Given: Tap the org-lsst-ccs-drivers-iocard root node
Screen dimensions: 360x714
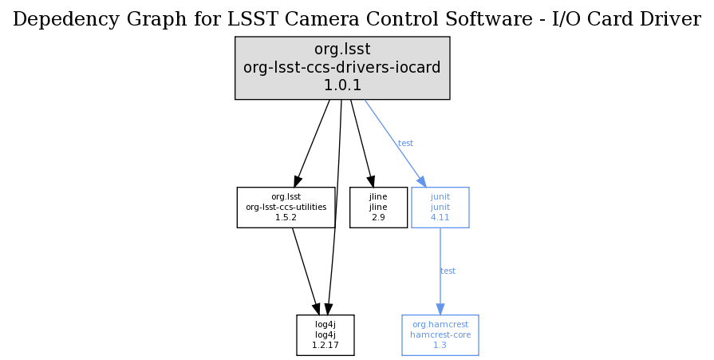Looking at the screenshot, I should tap(342, 68).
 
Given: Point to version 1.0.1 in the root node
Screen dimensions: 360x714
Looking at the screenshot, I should tap(342, 85).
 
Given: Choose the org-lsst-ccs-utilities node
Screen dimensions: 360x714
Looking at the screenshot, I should tap(286, 208).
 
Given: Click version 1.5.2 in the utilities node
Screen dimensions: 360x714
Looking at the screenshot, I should tap(286, 217).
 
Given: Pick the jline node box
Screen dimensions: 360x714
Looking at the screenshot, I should tap(378, 208).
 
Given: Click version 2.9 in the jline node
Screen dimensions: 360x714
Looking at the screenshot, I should tap(378, 217).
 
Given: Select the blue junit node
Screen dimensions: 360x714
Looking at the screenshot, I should tap(440, 208).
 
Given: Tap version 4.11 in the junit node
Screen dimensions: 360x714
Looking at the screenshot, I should tap(440, 217).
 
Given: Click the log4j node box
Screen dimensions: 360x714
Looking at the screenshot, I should tap(325, 335).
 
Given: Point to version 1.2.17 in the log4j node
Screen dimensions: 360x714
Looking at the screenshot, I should tap(325, 345).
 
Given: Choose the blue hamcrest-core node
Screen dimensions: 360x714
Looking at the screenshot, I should tap(440, 335).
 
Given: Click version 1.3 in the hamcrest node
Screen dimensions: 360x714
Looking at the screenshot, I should tap(440, 345).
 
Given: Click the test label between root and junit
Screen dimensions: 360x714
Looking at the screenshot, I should tap(405, 144).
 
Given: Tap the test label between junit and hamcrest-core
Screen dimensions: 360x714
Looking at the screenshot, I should tap(448, 271).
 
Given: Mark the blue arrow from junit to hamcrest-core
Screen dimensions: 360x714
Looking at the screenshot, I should tap(440, 263).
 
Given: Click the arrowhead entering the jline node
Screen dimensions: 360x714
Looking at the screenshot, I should tap(371, 181).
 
